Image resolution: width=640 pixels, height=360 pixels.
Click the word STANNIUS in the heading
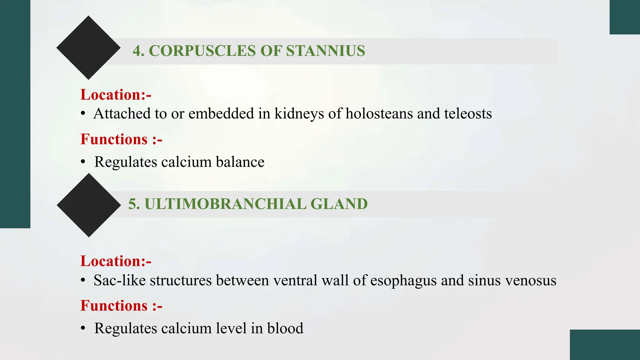(x=325, y=51)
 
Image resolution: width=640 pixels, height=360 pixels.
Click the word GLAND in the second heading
(x=339, y=204)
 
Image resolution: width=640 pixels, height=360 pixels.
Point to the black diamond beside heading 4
(x=88, y=47)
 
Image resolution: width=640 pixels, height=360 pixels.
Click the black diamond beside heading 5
(x=89, y=205)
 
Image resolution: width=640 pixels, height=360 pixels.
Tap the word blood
(x=285, y=328)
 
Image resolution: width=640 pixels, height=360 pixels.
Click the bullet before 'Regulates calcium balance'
(x=83, y=162)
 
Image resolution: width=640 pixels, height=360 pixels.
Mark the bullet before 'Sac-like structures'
(x=83, y=280)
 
